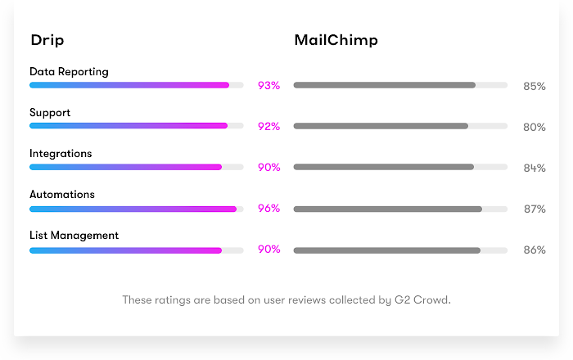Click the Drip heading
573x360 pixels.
pos(47,40)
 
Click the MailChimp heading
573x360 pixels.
pos(336,40)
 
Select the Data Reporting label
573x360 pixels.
pos(69,72)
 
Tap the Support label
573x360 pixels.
pos(50,113)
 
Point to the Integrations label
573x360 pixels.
pos(61,154)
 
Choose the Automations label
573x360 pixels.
pos(62,195)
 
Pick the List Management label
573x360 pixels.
pos(74,236)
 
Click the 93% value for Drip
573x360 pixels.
pos(268,86)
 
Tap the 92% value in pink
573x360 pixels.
pos(268,127)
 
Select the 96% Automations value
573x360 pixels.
pos(268,209)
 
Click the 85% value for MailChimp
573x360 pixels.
pos(535,86)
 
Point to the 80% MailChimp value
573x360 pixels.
pos(535,127)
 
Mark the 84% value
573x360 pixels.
pos(535,168)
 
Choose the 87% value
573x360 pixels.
pos(535,209)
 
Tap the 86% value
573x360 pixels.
pos(535,250)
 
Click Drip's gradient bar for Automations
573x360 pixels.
pos(133,209)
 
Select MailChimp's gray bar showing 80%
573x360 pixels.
pos(381,126)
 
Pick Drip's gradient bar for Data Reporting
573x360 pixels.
pos(129,85)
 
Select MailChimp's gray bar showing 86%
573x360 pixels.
pos(386,250)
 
